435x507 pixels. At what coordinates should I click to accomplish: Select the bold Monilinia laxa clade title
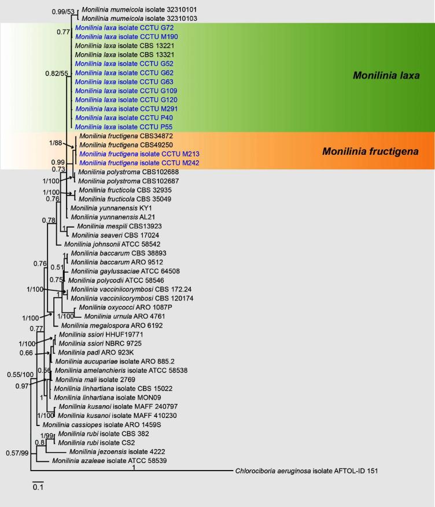coord(387,76)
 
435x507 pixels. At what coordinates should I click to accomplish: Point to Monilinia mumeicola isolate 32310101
coord(132,10)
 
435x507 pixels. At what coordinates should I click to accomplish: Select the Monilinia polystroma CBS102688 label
coord(120,172)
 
